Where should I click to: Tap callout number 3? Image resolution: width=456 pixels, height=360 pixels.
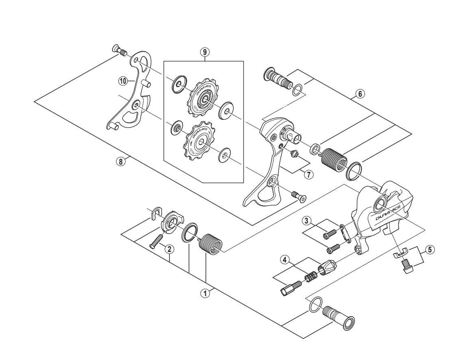(307, 221)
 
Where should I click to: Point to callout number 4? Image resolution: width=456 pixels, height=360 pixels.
(285, 259)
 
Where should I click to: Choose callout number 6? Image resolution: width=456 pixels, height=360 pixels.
(359, 94)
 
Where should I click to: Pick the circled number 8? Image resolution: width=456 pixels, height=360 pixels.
(120, 161)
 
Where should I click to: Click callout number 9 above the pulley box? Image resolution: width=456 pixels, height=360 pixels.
(204, 52)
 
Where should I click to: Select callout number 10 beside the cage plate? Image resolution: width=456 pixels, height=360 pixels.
(123, 81)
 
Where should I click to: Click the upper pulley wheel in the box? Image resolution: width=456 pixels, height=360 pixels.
(202, 98)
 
